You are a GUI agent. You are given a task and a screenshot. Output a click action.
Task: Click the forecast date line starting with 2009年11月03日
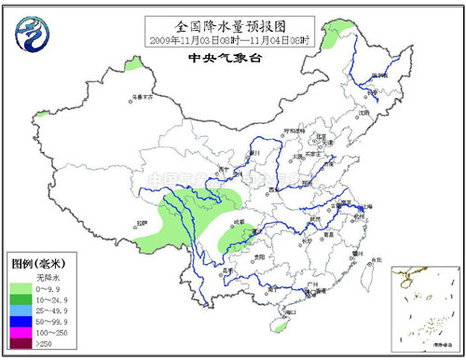point(233,39)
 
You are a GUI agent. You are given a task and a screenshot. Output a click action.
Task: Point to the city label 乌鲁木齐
point(141,95)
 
